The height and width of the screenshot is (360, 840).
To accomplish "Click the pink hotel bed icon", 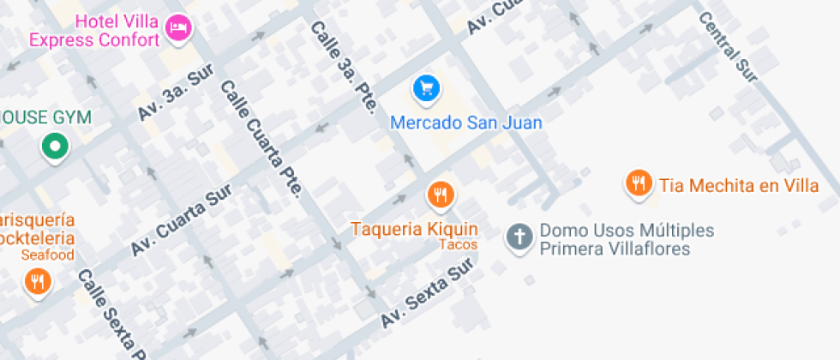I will click(x=177, y=27).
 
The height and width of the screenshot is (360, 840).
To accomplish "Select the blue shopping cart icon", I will click(x=426, y=87).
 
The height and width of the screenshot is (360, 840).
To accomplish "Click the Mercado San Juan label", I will click(x=466, y=123).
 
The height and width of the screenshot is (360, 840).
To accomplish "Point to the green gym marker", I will click(x=55, y=147).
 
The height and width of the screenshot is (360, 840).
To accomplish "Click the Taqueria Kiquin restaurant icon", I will click(x=440, y=195).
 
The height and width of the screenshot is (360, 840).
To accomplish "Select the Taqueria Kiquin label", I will click(x=414, y=229).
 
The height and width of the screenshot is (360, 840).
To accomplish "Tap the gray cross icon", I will click(x=518, y=237).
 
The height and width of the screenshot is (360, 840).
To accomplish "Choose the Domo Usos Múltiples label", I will click(x=626, y=239).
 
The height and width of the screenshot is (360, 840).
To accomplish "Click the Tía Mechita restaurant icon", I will click(x=637, y=183).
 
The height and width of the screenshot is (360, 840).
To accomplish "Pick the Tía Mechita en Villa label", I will click(x=738, y=185).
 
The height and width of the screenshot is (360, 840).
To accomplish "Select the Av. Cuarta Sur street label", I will click(x=181, y=219).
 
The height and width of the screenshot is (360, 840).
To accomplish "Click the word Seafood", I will click(x=48, y=255).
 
